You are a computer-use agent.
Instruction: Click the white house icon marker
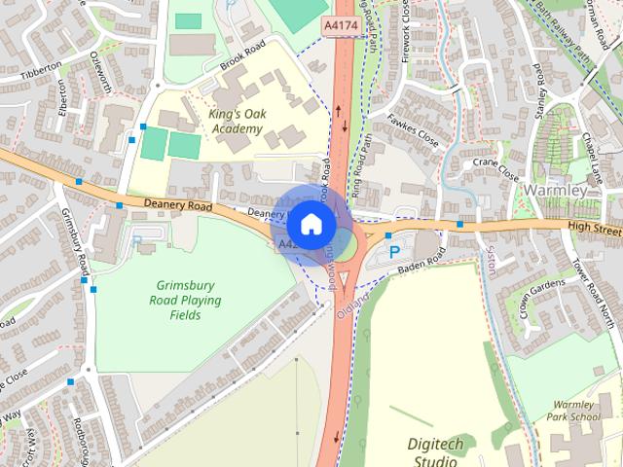tap(311, 224)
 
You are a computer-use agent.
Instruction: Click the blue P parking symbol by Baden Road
tap(394, 251)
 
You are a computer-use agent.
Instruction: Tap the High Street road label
tap(594, 231)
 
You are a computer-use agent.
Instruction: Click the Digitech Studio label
tap(435, 451)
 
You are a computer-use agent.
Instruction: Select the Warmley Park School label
tap(572, 411)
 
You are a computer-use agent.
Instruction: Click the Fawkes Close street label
tap(414, 129)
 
